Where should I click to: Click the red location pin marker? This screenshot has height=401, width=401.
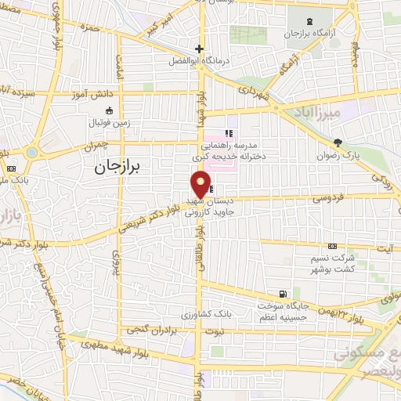(201, 184)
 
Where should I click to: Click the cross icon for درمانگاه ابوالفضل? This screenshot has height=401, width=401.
(200, 49)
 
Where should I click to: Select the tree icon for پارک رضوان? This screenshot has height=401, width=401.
(338, 143)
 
